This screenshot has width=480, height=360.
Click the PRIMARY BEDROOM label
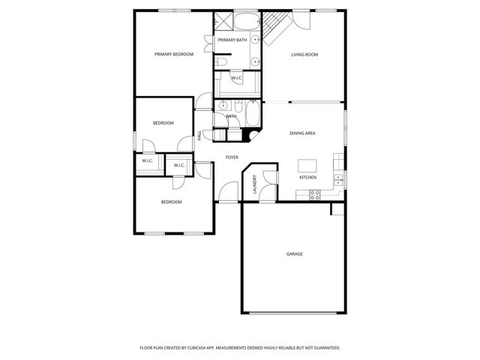click(174, 54)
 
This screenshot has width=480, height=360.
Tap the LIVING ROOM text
click(305, 54)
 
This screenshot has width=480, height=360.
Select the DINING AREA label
click(302, 133)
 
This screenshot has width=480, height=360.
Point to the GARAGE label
click(294, 253)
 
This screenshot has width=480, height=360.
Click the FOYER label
click(232, 157)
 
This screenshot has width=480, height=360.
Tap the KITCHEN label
click(307, 178)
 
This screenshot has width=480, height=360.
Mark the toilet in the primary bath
click(223, 62)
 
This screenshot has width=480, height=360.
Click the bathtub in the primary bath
click(246, 22)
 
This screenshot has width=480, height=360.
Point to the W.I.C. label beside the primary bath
click(236, 78)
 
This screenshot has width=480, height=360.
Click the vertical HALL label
click(199, 135)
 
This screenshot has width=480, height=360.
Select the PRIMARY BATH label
click(232, 40)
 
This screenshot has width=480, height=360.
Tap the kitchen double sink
click(339, 178)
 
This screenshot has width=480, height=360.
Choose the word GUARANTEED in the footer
click(324, 348)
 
